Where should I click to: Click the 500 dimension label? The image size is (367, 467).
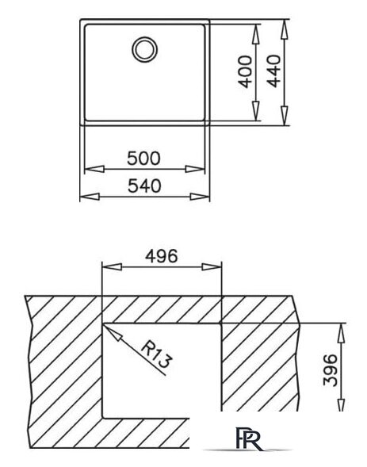(x=143, y=159)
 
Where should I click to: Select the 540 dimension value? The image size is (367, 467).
(x=144, y=186)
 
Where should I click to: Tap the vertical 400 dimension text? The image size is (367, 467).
(x=246, y=72)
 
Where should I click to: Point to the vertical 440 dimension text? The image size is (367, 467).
(x=273, y=71)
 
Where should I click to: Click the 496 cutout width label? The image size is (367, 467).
(x=162, y=256)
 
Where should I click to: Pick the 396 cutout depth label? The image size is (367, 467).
(x=331, y=369)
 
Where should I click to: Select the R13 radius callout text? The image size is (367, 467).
(x=156, y=355)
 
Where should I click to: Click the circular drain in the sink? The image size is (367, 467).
(x=144, y=49)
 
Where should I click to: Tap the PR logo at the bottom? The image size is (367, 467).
(x=250, y=438)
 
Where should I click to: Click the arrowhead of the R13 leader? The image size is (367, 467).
(x=113, y=333)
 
